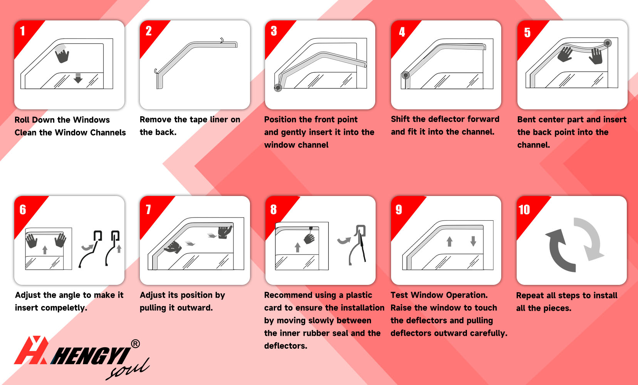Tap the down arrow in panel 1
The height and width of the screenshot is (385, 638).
[x=78, y=78]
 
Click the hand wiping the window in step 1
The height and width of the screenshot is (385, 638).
[x=62, y=55]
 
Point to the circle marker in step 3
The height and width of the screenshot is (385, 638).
[x=278, y=88]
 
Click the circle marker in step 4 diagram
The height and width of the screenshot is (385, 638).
[x=406, y=75]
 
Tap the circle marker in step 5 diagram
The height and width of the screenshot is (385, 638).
[x=608, y=43]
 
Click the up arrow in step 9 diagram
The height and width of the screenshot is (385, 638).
[x=450, y=241]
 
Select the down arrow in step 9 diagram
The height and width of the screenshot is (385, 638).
[x=473, y=241]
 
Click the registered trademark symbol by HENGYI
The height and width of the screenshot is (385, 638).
[x=136, y=344]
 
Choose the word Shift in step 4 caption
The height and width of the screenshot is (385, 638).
[x=400, y=119]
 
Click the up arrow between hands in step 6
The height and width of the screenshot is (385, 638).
[x=45, y=250]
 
